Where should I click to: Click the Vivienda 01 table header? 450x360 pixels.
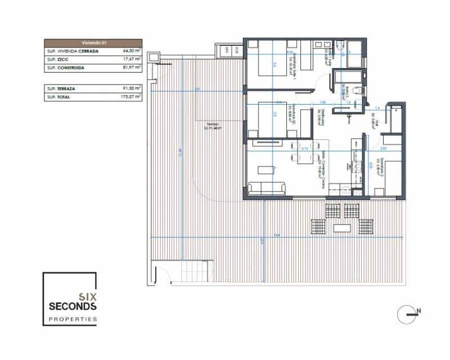click(x=93, y=43)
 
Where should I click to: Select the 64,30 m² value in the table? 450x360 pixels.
click(x=132, y=51)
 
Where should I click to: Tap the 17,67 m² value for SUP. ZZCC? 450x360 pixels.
click(x=132, y=59)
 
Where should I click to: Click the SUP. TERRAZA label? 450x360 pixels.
click(x=63, y=89)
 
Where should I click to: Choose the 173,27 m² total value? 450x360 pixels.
click(x=130, y=97)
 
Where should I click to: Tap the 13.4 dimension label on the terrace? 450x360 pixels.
click(x=277, y=235)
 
